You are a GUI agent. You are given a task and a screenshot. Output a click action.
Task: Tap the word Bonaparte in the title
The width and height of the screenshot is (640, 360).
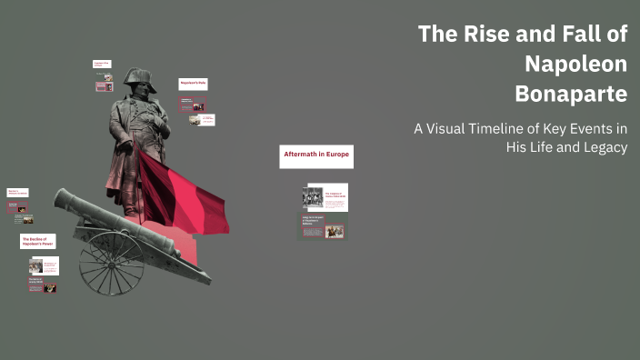(571, 93)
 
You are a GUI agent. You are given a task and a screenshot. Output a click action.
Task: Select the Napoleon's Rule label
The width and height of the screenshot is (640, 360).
(192, 84)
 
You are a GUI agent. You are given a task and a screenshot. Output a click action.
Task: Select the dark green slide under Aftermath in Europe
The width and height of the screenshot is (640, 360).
(322, 228)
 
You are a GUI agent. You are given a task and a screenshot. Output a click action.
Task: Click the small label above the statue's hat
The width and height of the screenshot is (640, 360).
(101, 64)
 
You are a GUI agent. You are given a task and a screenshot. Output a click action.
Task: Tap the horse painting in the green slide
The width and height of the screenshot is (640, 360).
(335, 232)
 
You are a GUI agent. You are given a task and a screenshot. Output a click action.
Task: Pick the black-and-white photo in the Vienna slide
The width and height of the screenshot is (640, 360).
(312, 198)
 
